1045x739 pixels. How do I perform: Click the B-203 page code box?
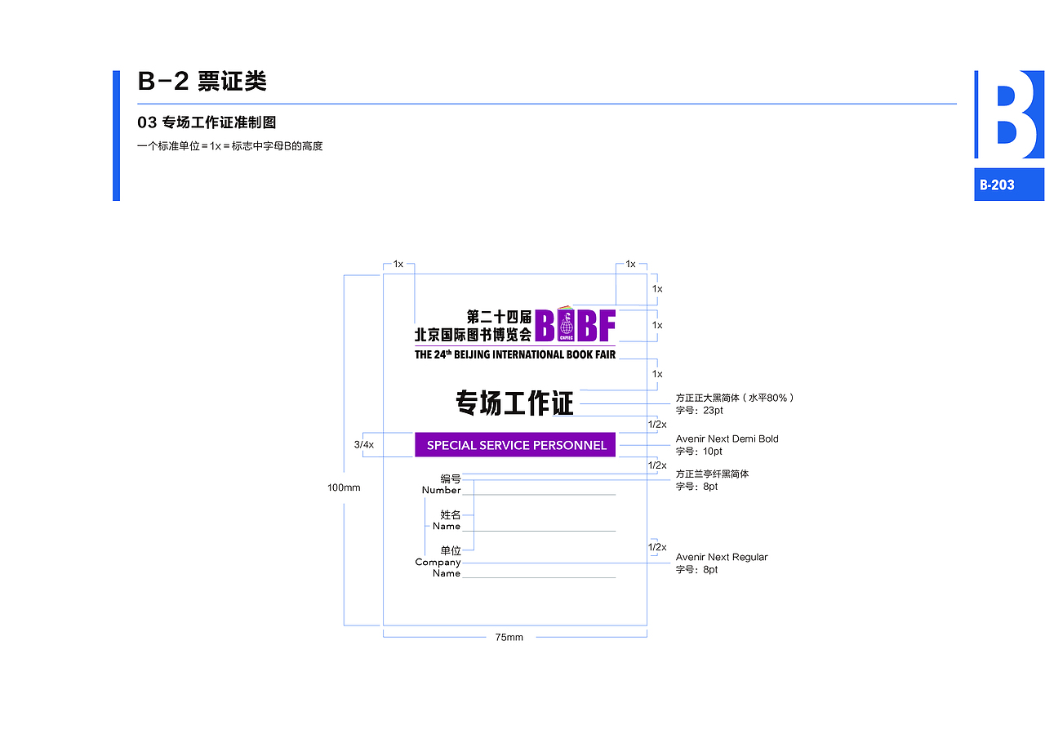[1008, 185]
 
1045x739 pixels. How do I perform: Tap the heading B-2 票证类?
[202, 82]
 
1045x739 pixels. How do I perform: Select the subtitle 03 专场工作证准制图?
[207, 122]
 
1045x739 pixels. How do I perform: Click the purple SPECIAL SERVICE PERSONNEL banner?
[515, 445]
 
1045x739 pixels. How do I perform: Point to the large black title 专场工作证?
[514, 403]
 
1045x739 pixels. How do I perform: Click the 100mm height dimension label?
[344, 487]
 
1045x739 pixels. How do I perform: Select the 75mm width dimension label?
[509, 637]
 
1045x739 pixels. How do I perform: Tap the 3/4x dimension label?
[363, 445]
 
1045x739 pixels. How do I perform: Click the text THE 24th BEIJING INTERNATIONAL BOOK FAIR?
[514, 354]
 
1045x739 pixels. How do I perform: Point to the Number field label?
[441, 490]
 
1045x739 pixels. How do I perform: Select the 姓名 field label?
[451, 514]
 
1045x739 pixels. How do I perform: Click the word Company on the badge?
[438, 562]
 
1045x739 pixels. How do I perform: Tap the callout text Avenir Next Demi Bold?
[727, 439]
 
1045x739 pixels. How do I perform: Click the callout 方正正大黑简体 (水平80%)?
[735, 398]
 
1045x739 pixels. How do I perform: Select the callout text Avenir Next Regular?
[722, 557]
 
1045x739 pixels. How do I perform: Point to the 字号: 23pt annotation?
[700, 411]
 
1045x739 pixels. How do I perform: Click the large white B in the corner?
[1009, 114]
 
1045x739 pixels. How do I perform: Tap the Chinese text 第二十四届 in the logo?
[499, 316]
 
